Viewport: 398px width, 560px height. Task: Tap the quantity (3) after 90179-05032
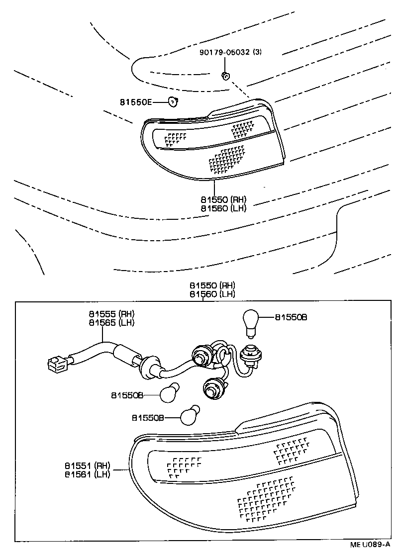[257, 52]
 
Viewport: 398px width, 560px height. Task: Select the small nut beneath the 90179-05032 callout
[225, 76]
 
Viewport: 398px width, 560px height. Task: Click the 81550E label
[135, 102]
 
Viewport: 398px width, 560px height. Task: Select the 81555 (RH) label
[112, 314]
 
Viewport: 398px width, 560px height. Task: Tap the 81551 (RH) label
[87, 466]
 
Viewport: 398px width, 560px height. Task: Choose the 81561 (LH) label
[87, 474]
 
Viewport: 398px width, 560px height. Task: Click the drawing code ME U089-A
[369, 545]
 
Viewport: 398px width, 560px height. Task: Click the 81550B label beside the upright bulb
[291, 317]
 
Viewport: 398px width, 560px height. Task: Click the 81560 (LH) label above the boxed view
[212, 294]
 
